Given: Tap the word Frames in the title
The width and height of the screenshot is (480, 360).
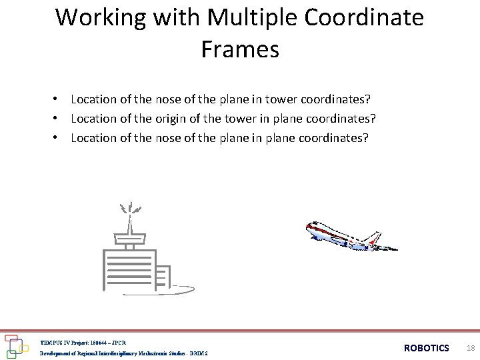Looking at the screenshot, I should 240,49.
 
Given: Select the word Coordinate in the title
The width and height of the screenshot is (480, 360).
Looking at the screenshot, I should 364,17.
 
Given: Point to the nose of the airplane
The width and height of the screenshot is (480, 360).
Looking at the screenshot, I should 308,227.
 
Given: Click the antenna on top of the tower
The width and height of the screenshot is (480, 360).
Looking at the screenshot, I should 131,213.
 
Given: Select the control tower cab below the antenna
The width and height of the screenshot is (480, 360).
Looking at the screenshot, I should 129,237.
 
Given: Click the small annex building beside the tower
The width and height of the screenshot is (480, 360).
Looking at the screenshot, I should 164,276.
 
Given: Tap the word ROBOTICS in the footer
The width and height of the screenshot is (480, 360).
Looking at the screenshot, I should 427,348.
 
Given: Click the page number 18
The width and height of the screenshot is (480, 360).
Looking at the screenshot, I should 471,348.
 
